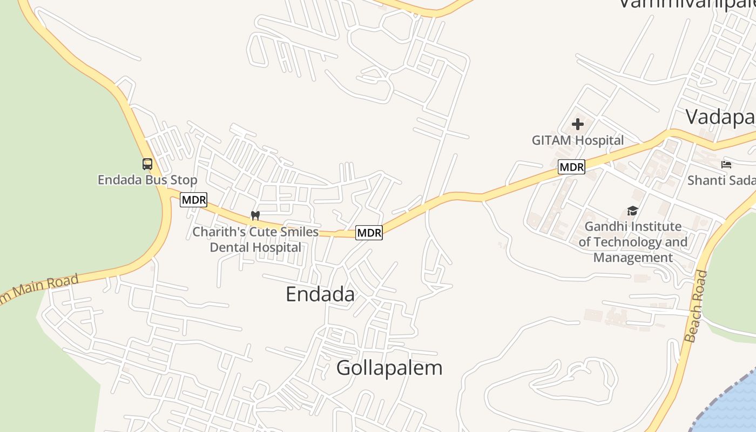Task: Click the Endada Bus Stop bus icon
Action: click(x=147, y=164)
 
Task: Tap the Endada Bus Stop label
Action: click(x=147, y=180)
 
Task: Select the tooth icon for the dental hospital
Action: click(x=255, y=215)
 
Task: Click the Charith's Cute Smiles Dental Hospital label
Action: click(x=255, y=239)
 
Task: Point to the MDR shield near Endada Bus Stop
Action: click(x=194, y=200)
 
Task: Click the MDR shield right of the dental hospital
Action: click(x=369, y=233)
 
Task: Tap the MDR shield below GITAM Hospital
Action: click(x=571, y=167)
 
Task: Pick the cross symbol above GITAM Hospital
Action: click(x=578, y=125)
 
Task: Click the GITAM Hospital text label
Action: click(x=578, y=140)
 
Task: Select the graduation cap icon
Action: click(x=632, y=211)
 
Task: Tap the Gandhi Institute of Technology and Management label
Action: click(x=633, y=242)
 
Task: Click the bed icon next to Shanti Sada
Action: click(x=726, y=165)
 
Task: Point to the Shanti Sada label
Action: click(x=721, y=180)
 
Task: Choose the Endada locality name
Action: click(x=320, y=294)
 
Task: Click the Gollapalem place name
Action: click(x=389, y=368)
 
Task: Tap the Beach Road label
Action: click(x=696, y=306)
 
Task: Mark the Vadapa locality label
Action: click(x=720, y=117)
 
